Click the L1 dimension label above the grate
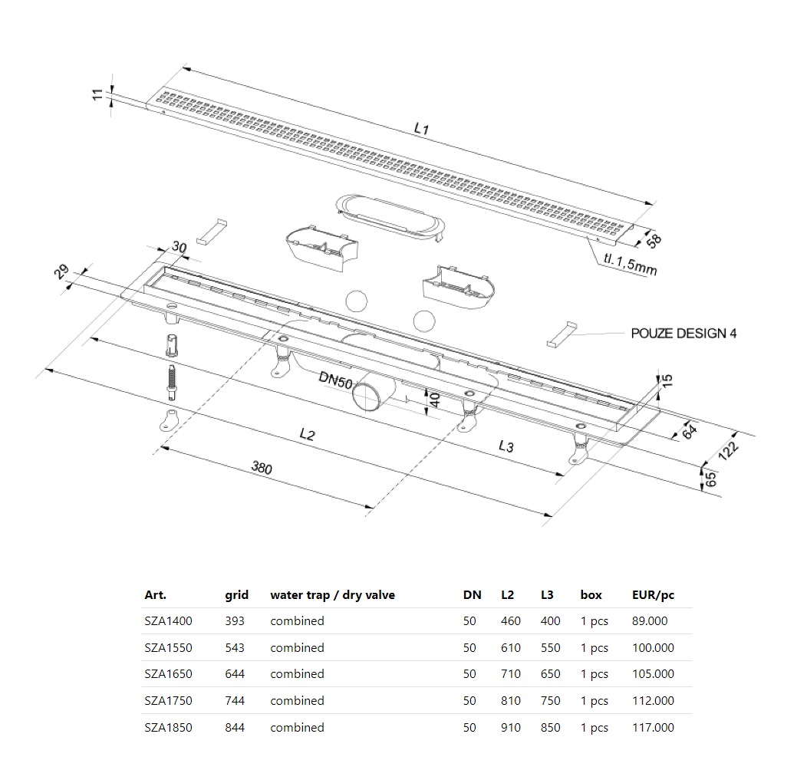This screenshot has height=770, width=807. pos(420,130)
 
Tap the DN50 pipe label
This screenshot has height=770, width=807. pos(335,378)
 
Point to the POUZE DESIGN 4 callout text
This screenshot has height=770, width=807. pos(683,334)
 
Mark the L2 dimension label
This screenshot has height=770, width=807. pos(307,434)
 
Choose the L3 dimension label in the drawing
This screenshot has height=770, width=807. pos(506,446)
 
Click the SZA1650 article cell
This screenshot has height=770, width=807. pos(168,674)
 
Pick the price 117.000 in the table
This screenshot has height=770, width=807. pos(653,727)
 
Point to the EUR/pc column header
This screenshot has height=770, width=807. pos(653,594)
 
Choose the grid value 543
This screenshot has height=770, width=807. pos(235,647)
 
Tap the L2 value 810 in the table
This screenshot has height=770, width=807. pos(510,700)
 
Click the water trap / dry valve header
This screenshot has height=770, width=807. pos(332,594)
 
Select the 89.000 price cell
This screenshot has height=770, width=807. pos(650,621)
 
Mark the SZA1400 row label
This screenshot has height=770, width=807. pos(168,621)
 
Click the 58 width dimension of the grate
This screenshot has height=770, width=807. pos(654,240)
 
